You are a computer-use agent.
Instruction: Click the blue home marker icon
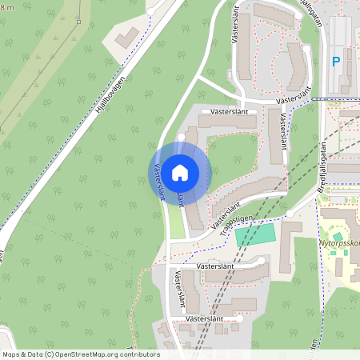(180, 172)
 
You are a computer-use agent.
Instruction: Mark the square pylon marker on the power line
(78, 22)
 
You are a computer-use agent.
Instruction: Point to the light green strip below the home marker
(176, 224)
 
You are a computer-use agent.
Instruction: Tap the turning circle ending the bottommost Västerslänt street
(238, 318)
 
